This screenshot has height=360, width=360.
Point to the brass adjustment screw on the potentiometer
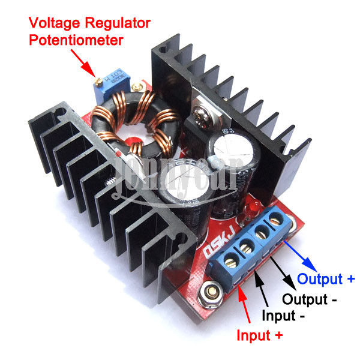[x=98, y=79]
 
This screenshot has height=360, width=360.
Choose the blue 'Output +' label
[x=326, y=278]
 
